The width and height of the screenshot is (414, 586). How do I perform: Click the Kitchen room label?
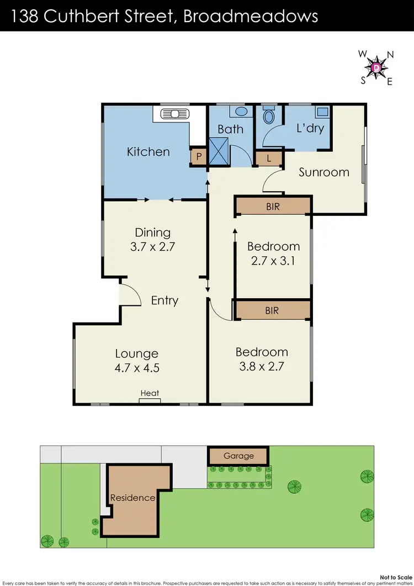pyautogui.click(x=148, y=151)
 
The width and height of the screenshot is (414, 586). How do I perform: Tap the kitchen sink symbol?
pyautogui.click(x=174, y=115)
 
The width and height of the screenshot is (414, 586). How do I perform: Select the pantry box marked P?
pyautogui.click(x=198, y=156)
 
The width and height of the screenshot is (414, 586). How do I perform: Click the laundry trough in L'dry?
pyautogui.click(x=321, y=112)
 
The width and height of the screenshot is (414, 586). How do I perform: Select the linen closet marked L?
pyautogui.click(x=269, y=158)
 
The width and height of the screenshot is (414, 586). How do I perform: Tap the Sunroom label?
pyautogui.click(x=324, y=172)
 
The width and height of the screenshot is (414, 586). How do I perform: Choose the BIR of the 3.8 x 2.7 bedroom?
pyautogui.click(x=272, y=310)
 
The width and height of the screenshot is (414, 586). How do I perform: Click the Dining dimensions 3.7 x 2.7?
pyautogui.click(x=152, y=247)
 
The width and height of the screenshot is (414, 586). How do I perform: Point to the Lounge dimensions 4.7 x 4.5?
pyautogui.click(x=137, y=367)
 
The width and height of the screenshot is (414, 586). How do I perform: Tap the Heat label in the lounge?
pyautogui.click(x=150, y=393)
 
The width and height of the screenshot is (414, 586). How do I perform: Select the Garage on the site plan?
pyautogui.click(x=238, y=456)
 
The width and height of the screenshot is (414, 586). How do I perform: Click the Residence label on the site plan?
pyautogui.click(x=132, y=498)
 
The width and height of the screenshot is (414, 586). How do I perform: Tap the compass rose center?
pyautogui.click(x=376, y=67)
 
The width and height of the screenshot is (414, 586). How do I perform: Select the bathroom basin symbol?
pyautogui.click(x=241, y=112)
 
